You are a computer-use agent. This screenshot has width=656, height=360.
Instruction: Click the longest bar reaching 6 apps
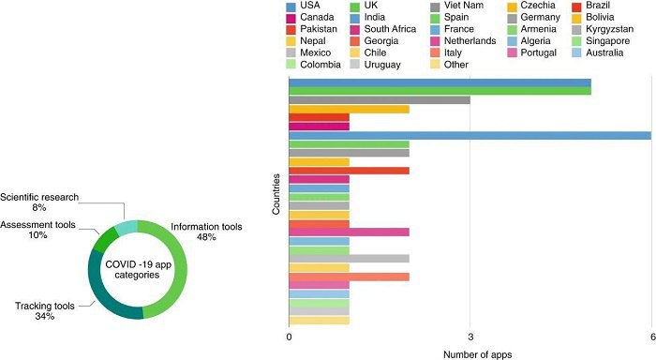(x=470, y=135)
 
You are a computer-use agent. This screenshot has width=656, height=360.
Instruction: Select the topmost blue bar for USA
(x=440, y=82)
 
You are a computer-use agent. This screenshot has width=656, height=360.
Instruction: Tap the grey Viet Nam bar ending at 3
(x=380, y=100)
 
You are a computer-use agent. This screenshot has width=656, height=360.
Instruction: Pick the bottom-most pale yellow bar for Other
(x=320, y=321)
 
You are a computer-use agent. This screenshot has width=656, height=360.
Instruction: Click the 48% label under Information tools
(x=206, y=237)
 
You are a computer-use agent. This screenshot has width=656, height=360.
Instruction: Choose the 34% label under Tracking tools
(x=45, y=317)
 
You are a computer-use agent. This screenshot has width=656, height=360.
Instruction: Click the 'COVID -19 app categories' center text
(x=138, y=270)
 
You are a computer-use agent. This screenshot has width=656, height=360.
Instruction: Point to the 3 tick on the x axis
(x=470, y=337)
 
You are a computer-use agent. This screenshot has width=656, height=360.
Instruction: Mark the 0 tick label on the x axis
(x=289, y=337)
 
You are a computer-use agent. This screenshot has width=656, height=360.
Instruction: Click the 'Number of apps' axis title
(x=477, y=354)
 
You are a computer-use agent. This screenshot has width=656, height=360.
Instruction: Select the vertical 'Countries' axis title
(x=276, y=194)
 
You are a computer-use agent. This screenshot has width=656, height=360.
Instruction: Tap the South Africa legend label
(x=390, y=29)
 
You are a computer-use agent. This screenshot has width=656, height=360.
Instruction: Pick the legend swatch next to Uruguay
(x=355, y=65)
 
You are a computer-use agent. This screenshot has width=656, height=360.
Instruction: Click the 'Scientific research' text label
(x=39, y=197)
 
